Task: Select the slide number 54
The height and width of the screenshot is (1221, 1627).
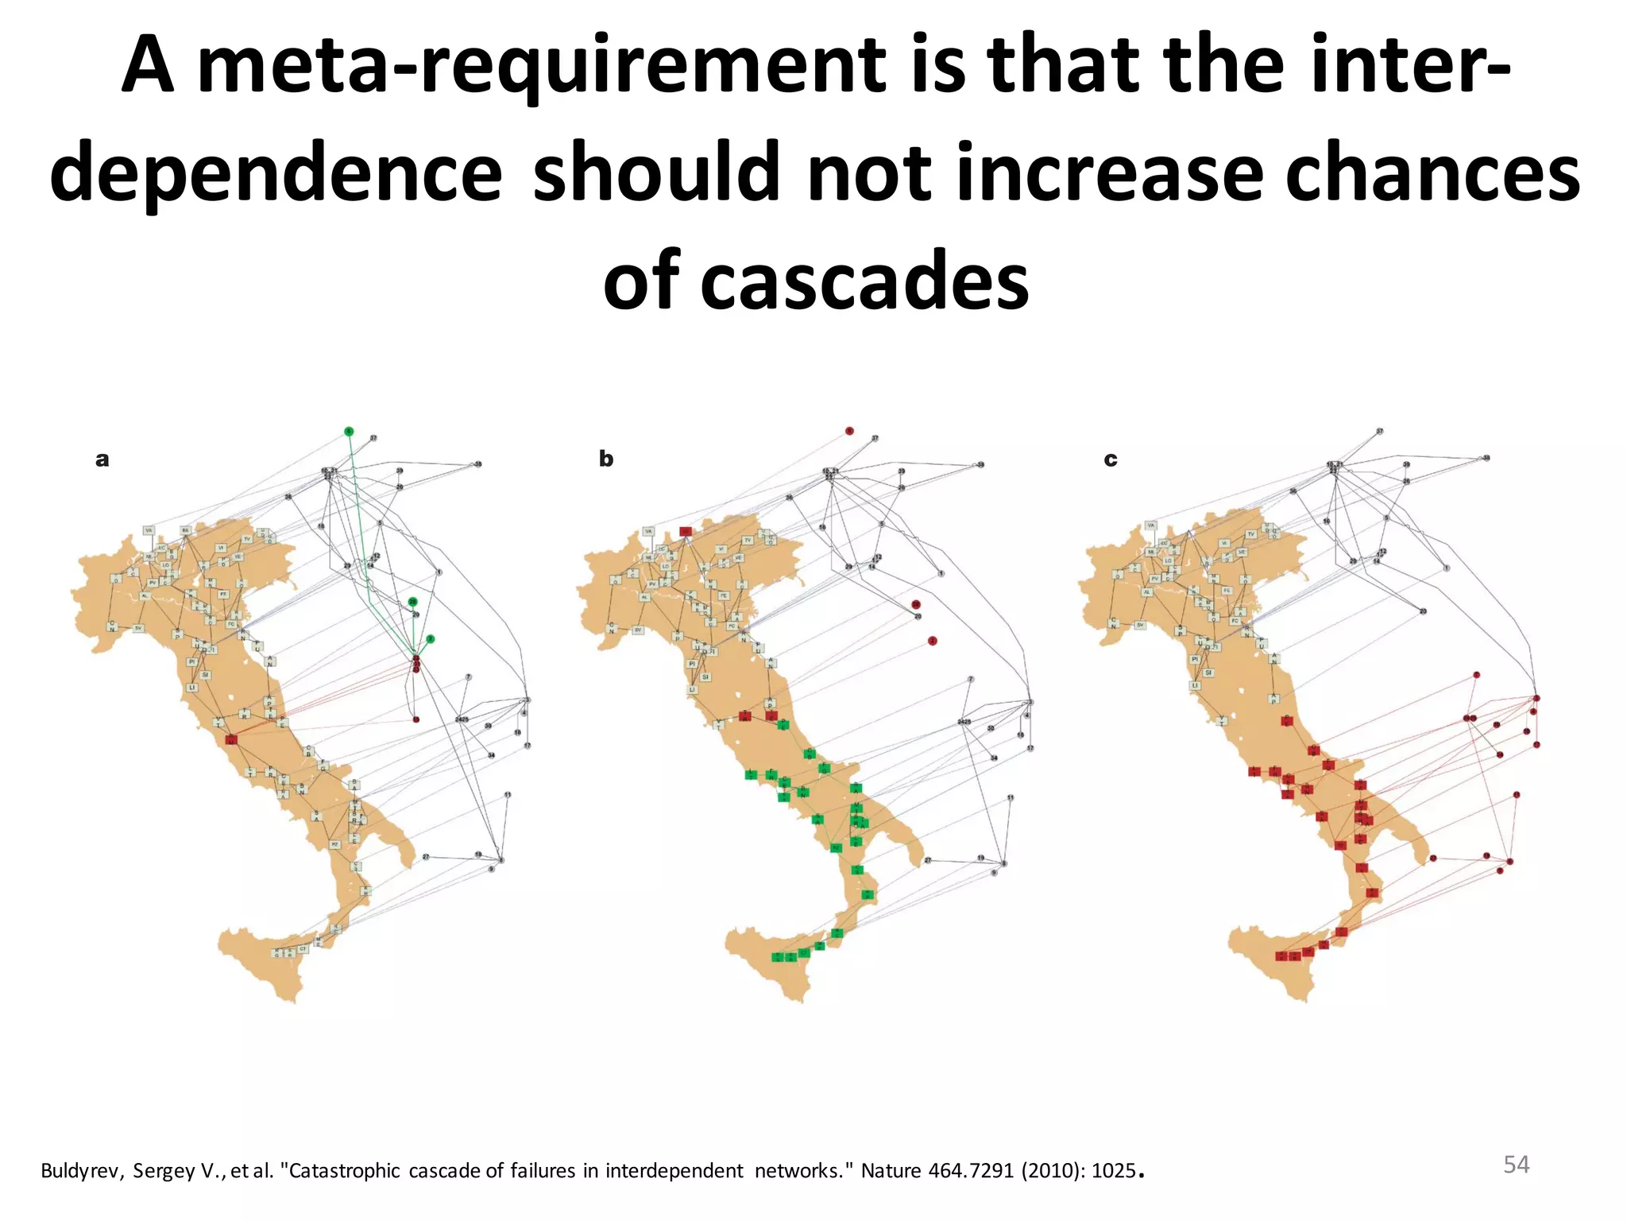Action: pyautogui.click(x=1516, y=1165)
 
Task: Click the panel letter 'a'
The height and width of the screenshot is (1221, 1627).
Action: pyautogui.click(x=102, y=459)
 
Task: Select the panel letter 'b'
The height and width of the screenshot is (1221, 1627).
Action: pyautogui.click(x=606, y=459)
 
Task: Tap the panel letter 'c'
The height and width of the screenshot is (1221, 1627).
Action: pyautogui.click(x=1111, y=459)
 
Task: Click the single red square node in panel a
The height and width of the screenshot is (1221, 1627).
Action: pyautogui.click(x=231, y=739)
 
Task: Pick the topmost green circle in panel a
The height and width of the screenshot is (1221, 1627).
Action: pyautogui.click(x=349, y=431)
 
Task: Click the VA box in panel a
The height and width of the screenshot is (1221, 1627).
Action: pyautogui.click(x=149, y=530)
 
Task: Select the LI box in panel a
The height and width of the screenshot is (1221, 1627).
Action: pyautogui.click(x=191, y=688)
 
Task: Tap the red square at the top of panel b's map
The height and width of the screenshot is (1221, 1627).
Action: pyautogui.click(x=686, y=531)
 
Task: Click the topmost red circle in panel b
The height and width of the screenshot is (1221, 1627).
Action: pyautogui.click(x=849, y=431)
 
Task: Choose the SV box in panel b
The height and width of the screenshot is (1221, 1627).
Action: pyautogui.click(x=638, y=629)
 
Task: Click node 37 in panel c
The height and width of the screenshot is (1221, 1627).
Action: pyautogui.click(x=1380, y=432)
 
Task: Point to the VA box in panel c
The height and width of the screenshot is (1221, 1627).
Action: pyautogui.click(x=1151, y=525)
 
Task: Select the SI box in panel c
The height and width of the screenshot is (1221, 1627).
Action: pyautogui.click(x=1208, y=673)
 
